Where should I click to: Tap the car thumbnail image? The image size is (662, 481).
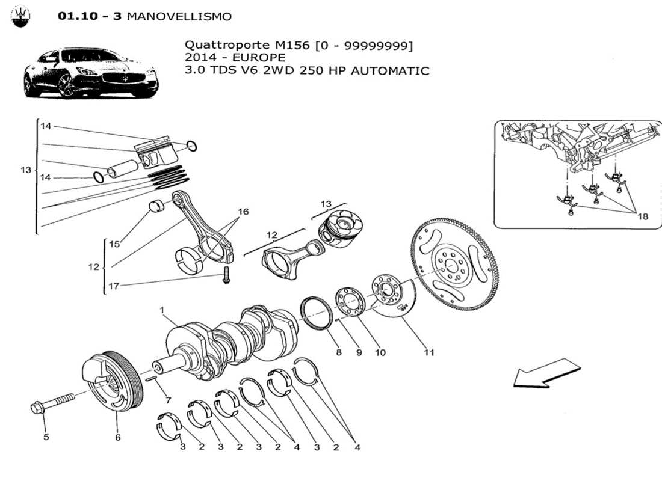coord(90,73)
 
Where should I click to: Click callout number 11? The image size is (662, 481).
coord(428,352)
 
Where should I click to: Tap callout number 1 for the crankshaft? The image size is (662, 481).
coord(162,310)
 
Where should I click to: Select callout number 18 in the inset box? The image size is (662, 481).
coord(642,216)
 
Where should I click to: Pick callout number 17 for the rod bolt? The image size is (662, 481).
coord(113,286)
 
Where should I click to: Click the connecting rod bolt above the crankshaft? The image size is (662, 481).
coord(226,277)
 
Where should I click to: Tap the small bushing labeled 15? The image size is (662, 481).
coord(158,207)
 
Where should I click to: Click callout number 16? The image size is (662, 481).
coord(243,212)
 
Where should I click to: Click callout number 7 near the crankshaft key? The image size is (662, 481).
coord(168,400)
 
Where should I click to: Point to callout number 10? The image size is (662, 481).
coord(380,352)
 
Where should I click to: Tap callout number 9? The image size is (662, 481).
coord(359,352)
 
